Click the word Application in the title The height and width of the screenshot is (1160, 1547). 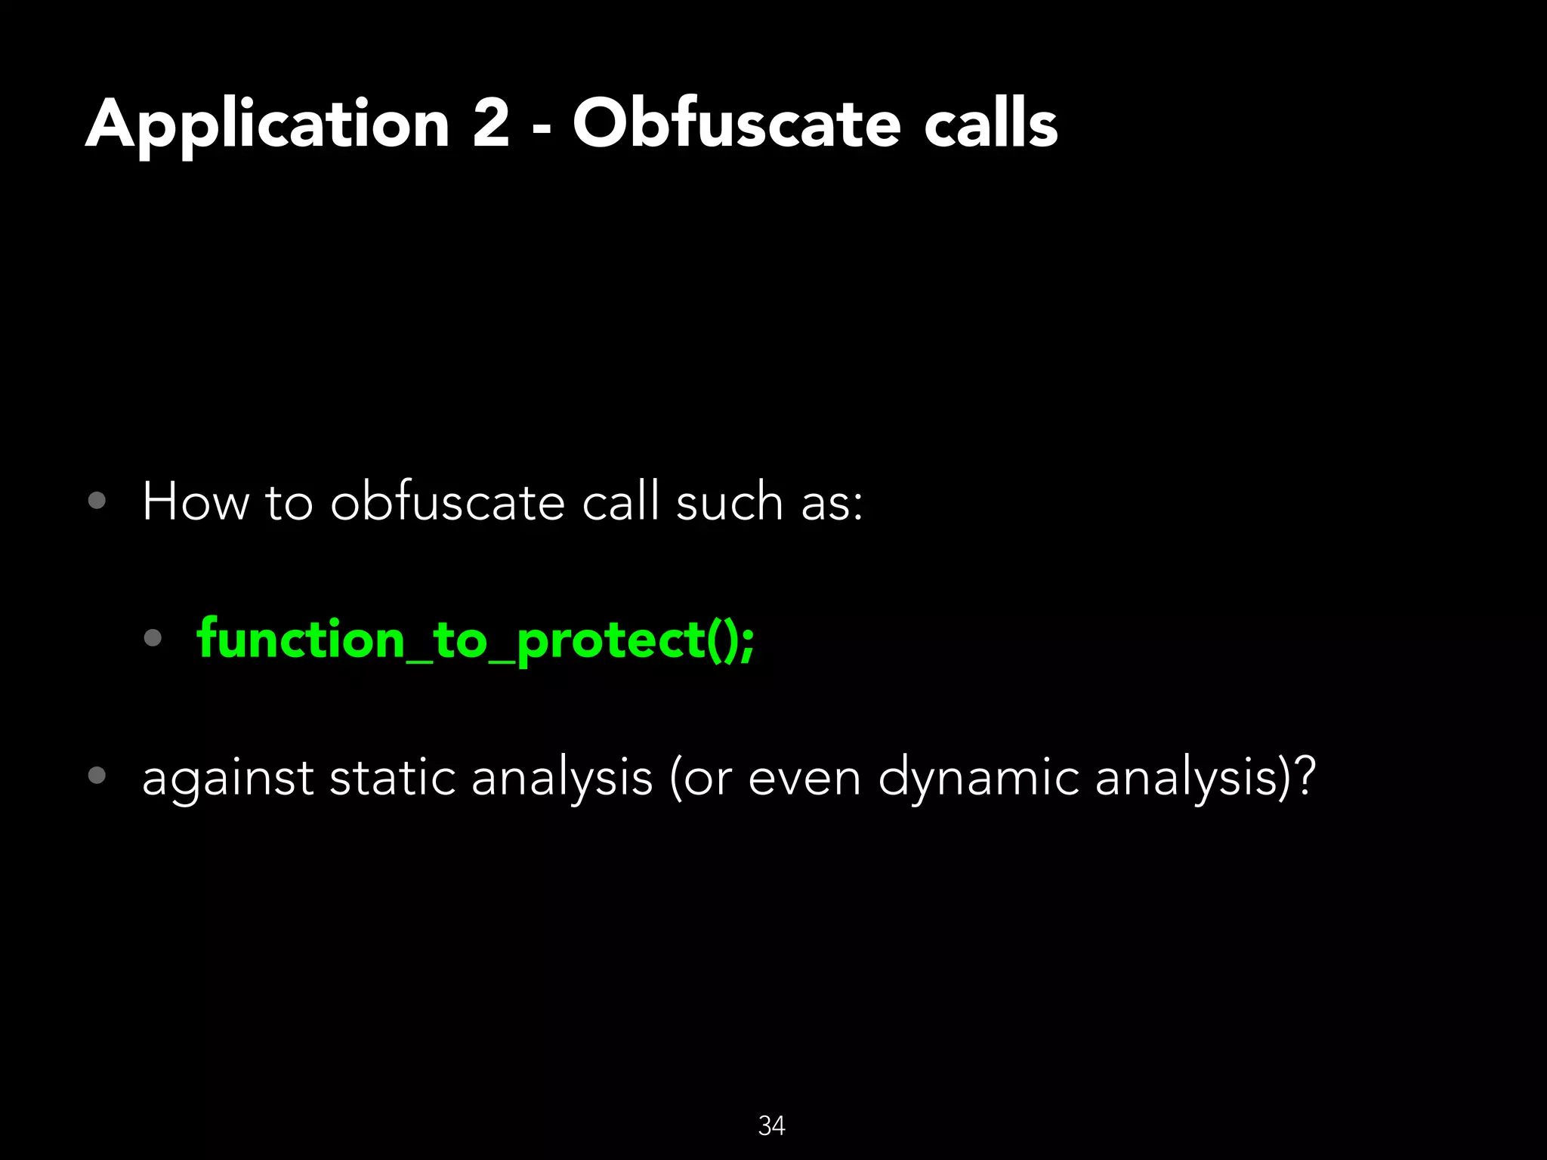click(268, 125)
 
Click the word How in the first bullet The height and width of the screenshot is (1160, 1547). click(196, 501)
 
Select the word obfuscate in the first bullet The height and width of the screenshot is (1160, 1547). click(447, 501)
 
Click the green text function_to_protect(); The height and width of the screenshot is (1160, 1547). click(475, 640)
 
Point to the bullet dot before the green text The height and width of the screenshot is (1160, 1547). click(153, 638)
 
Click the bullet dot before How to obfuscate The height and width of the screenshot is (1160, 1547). click(97, 501)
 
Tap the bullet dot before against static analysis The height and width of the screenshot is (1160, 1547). click(97, 775)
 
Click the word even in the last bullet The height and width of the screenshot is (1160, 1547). click(804, 778)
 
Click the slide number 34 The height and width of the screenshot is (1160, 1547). click(771, 1125)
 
